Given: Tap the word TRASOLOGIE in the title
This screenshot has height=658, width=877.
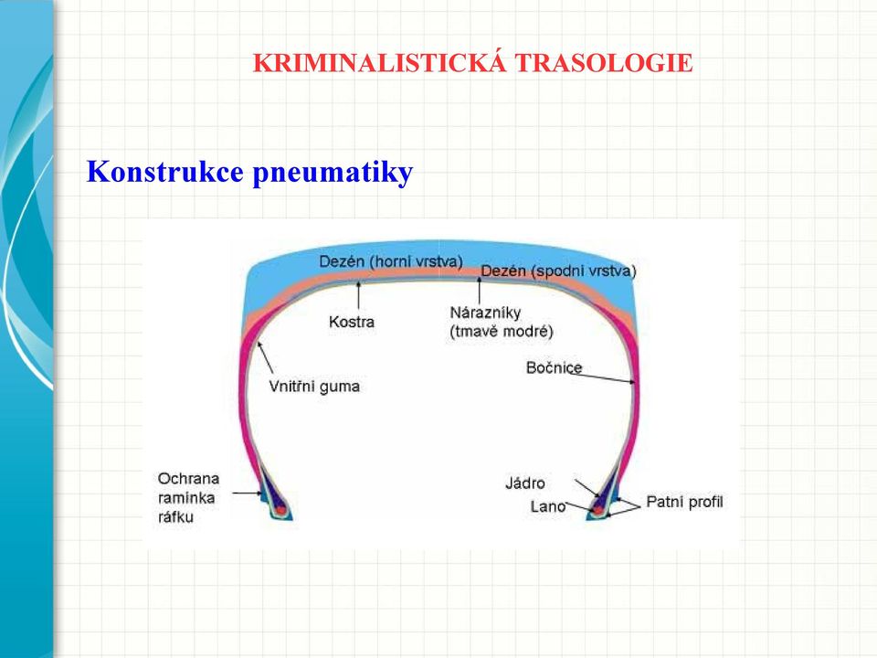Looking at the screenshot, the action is (x=604, y=63).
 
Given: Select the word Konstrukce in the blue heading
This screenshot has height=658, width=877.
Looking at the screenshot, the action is (x=165, y=171).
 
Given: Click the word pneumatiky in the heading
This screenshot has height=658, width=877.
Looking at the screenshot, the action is (x=333, y=174).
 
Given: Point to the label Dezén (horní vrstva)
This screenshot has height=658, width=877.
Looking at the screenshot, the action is (x=391, y=262).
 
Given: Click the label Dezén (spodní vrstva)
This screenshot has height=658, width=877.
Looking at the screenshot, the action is (x=559, y=271).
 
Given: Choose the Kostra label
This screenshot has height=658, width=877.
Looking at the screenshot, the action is (x=352, y=322).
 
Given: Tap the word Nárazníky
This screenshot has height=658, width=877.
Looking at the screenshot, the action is (x=485, y=313).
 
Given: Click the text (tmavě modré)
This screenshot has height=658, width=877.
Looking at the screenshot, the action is (x=502, y=332).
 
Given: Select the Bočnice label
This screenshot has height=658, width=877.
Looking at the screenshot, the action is (x=554, y=367).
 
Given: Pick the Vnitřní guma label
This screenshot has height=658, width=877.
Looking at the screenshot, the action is (x=314, y=387).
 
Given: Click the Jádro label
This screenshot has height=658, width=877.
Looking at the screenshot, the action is (x=524, y=483).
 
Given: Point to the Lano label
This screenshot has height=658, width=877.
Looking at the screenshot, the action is (x=547, y=506).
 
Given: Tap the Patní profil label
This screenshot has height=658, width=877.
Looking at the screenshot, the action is (x=684, y=502).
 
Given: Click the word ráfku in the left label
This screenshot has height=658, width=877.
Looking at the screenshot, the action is (x=175, y=517).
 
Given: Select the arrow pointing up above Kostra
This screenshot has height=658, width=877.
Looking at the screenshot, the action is (x=358, y=295).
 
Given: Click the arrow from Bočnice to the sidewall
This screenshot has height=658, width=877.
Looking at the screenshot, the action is (x=602, y=378).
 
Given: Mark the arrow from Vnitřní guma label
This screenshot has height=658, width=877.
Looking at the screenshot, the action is (x=265, y=358).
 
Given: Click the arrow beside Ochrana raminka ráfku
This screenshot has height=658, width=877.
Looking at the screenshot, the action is (x=247, y=493).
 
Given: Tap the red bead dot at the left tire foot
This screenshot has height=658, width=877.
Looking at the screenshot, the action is (x=280, y=510).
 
